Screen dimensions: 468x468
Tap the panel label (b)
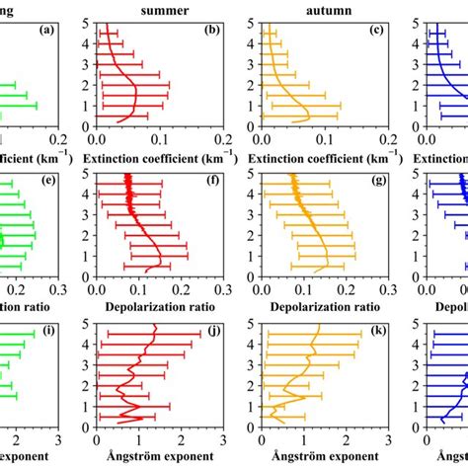[210, 31]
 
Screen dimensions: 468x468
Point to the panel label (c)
[375, 31]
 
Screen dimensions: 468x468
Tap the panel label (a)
[46, 31]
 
